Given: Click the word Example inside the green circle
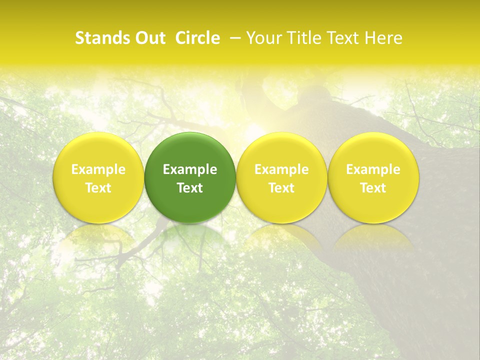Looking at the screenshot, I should [190, 169].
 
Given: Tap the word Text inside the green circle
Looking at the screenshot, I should [190, 188].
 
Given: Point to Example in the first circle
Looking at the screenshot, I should [98, 169].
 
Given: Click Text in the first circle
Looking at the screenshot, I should [98, 188].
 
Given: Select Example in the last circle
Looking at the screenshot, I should [373, 169].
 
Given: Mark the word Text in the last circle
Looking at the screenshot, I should [373, 188].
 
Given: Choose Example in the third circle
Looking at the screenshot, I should [281, 169].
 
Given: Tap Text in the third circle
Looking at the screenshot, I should [281, 188].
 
